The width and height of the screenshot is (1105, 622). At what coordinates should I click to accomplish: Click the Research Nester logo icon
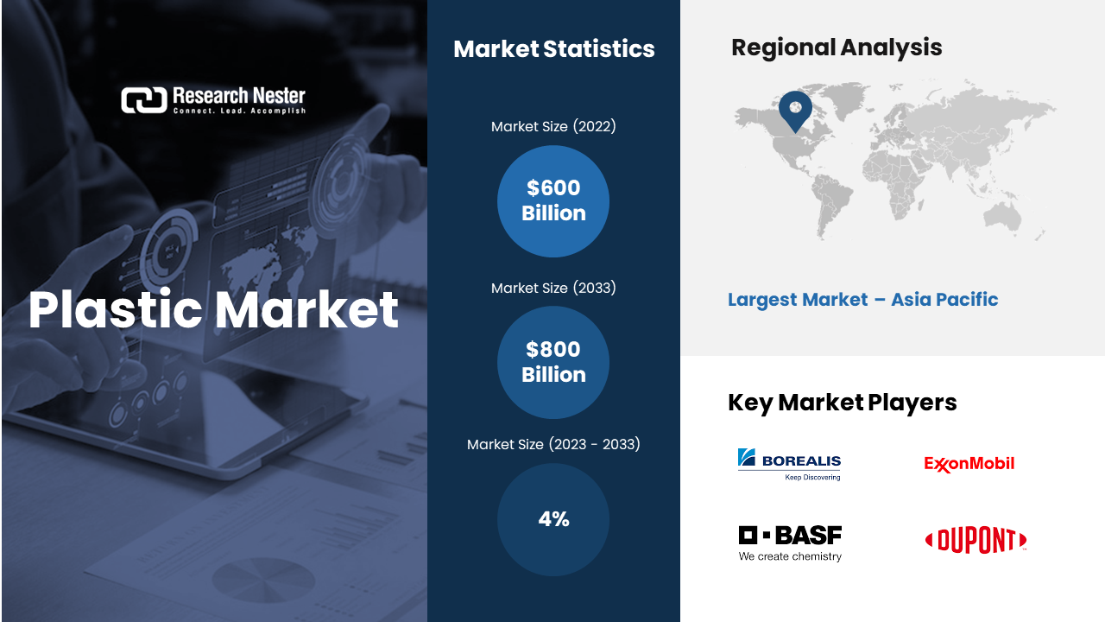144,100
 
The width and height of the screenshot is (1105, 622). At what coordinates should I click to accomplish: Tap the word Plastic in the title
116,310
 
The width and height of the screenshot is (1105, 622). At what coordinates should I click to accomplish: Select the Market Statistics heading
554,49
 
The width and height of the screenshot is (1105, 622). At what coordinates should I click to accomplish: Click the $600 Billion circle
553,201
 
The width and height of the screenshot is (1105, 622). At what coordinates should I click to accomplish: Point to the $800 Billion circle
553,362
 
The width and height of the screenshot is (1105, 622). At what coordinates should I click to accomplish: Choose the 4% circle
553,519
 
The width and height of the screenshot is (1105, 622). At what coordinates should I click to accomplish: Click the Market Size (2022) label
553,126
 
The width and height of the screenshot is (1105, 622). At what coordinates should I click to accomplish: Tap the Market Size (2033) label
553,288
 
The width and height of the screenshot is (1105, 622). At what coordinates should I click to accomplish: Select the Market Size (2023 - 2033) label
553,444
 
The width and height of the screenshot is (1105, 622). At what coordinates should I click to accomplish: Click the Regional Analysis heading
837,48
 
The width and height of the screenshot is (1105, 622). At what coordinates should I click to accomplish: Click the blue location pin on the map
795,110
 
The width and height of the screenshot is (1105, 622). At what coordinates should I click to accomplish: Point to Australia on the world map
1002,216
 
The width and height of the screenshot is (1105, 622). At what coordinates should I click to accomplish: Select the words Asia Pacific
944,300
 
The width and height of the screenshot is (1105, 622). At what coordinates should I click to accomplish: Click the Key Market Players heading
843,403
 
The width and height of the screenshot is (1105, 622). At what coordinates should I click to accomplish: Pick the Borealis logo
789,464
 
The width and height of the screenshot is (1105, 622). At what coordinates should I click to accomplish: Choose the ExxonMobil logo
969,464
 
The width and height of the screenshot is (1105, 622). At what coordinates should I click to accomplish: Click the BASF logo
790,543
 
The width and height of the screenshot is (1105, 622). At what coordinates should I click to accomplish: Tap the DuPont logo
976,540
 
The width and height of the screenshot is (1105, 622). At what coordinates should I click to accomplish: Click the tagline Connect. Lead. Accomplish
239,111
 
